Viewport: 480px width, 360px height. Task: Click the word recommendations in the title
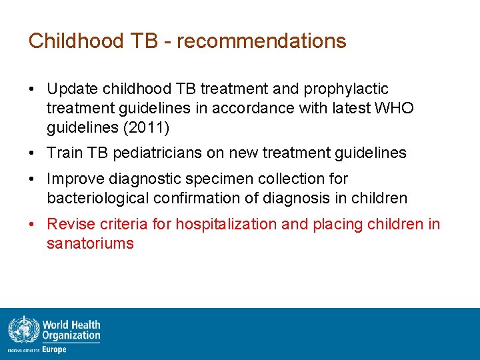pos(261,41)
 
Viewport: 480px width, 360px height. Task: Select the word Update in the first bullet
pos(72,89)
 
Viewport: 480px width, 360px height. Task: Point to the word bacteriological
pos(100,198)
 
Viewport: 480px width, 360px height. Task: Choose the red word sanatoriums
pos(90,243)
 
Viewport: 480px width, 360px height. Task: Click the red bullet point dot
pos(32,225)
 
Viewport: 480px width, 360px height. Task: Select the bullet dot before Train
pos(32,153)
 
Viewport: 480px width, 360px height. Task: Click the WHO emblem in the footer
pos(23,331)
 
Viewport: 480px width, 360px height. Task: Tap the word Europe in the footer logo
pos(54,349)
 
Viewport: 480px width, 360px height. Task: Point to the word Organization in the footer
pos(71,336)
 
